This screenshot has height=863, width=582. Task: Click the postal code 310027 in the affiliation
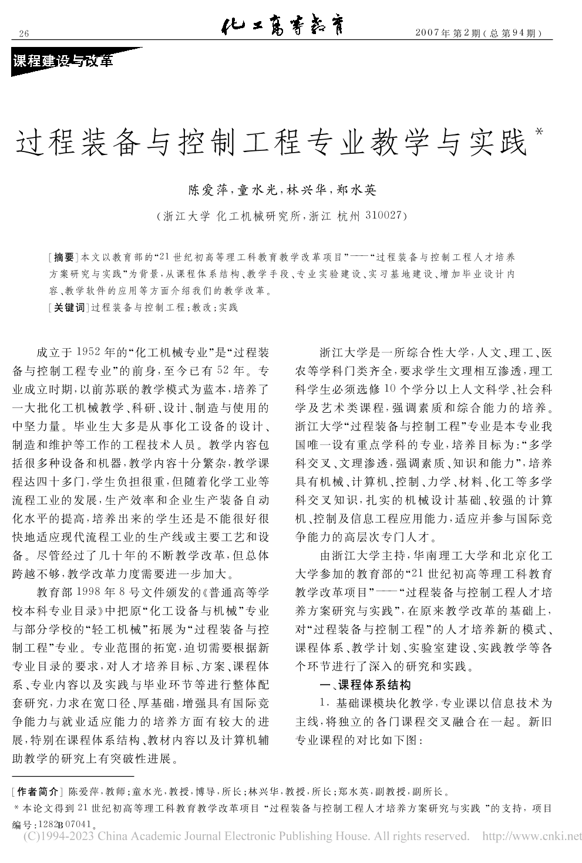[x=382, y=215]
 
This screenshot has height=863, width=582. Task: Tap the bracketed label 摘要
[x=64, y=257]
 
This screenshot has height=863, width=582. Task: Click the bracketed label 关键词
[x=69, y=307]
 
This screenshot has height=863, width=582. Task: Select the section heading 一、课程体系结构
[x=365, y=684]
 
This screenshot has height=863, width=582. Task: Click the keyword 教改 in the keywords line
[x=201, y=307]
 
